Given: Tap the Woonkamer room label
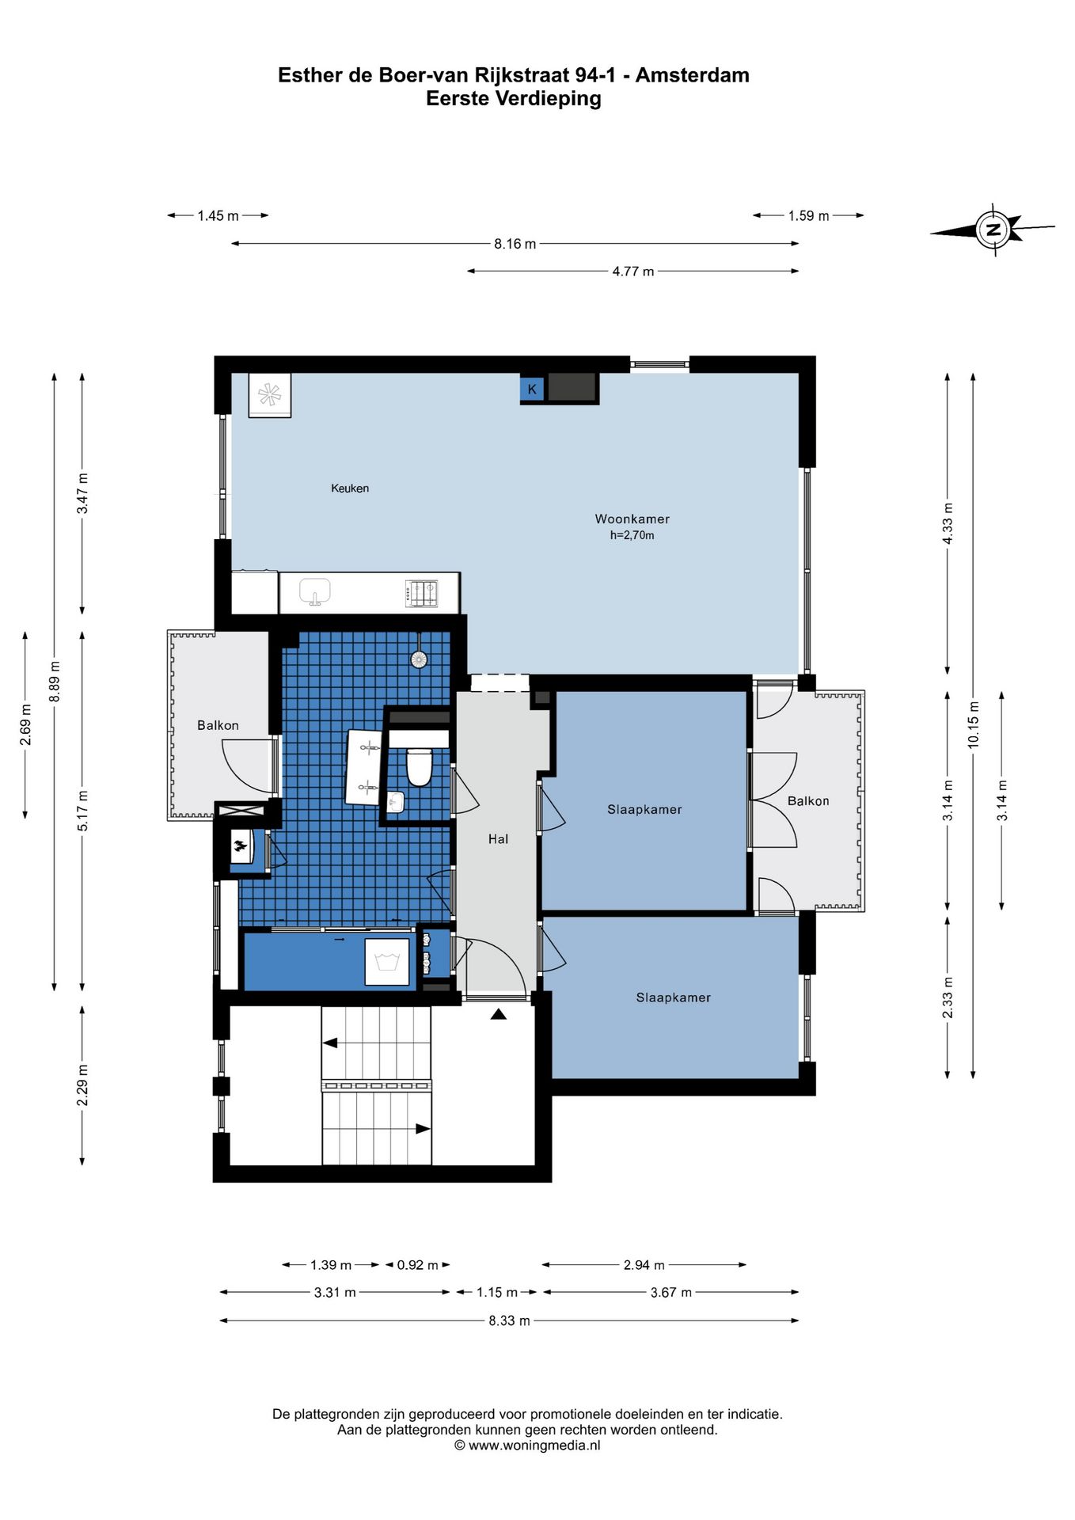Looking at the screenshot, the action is (632, 519).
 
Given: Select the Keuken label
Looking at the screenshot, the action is (350, 488).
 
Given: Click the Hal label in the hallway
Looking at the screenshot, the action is (498, 839).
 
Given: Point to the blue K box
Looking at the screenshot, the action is (532, 389).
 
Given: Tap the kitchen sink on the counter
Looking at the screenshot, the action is (315, 591).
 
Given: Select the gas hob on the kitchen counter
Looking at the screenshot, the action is (421, 594).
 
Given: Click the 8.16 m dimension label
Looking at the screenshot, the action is (515, 244).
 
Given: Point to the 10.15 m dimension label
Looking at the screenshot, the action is (974, 725).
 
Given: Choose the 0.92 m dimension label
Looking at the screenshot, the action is (417, 1265).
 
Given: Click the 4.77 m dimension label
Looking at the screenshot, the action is (633, 272).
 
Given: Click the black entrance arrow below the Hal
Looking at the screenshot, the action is (498, 1014).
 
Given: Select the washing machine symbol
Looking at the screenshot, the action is (387, 962).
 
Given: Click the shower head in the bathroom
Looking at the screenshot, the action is (419, 659).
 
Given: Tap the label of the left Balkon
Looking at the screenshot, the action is (218, 725).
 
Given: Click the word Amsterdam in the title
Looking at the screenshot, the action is (693, 75).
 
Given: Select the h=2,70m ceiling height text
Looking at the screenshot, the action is (632, 536).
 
